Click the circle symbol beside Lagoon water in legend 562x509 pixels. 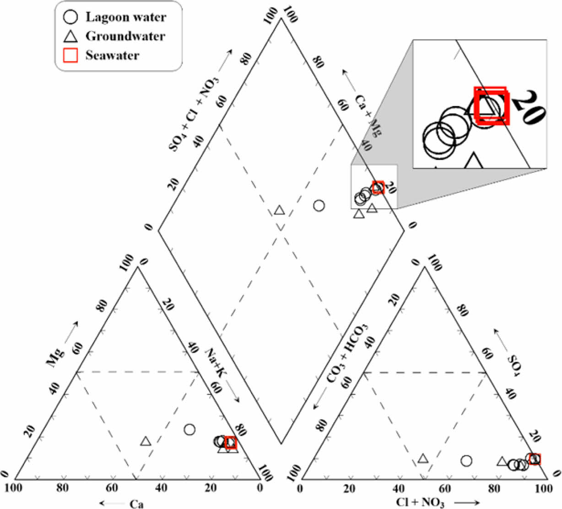click(x=70, y=17)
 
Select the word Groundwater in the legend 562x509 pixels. click(x=125, y=36)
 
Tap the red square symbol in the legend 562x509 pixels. click(x=70, y=55)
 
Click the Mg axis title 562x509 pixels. click(x=54, y=357)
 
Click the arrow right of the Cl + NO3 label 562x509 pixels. click(x=467, y=503)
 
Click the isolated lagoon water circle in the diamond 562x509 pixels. click(x=319, y=206)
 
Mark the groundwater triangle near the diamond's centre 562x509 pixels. click(x=279, y=210)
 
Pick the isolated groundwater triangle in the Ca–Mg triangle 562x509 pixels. click(x=146, y=441)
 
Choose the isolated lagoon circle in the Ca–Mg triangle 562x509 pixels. click(x=189, y=429)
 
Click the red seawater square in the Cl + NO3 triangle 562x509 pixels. click(x=535, y=459)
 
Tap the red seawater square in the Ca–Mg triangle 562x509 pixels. click(x=231, y=442)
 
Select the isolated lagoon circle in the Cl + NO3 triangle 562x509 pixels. click(x=466, y=460)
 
